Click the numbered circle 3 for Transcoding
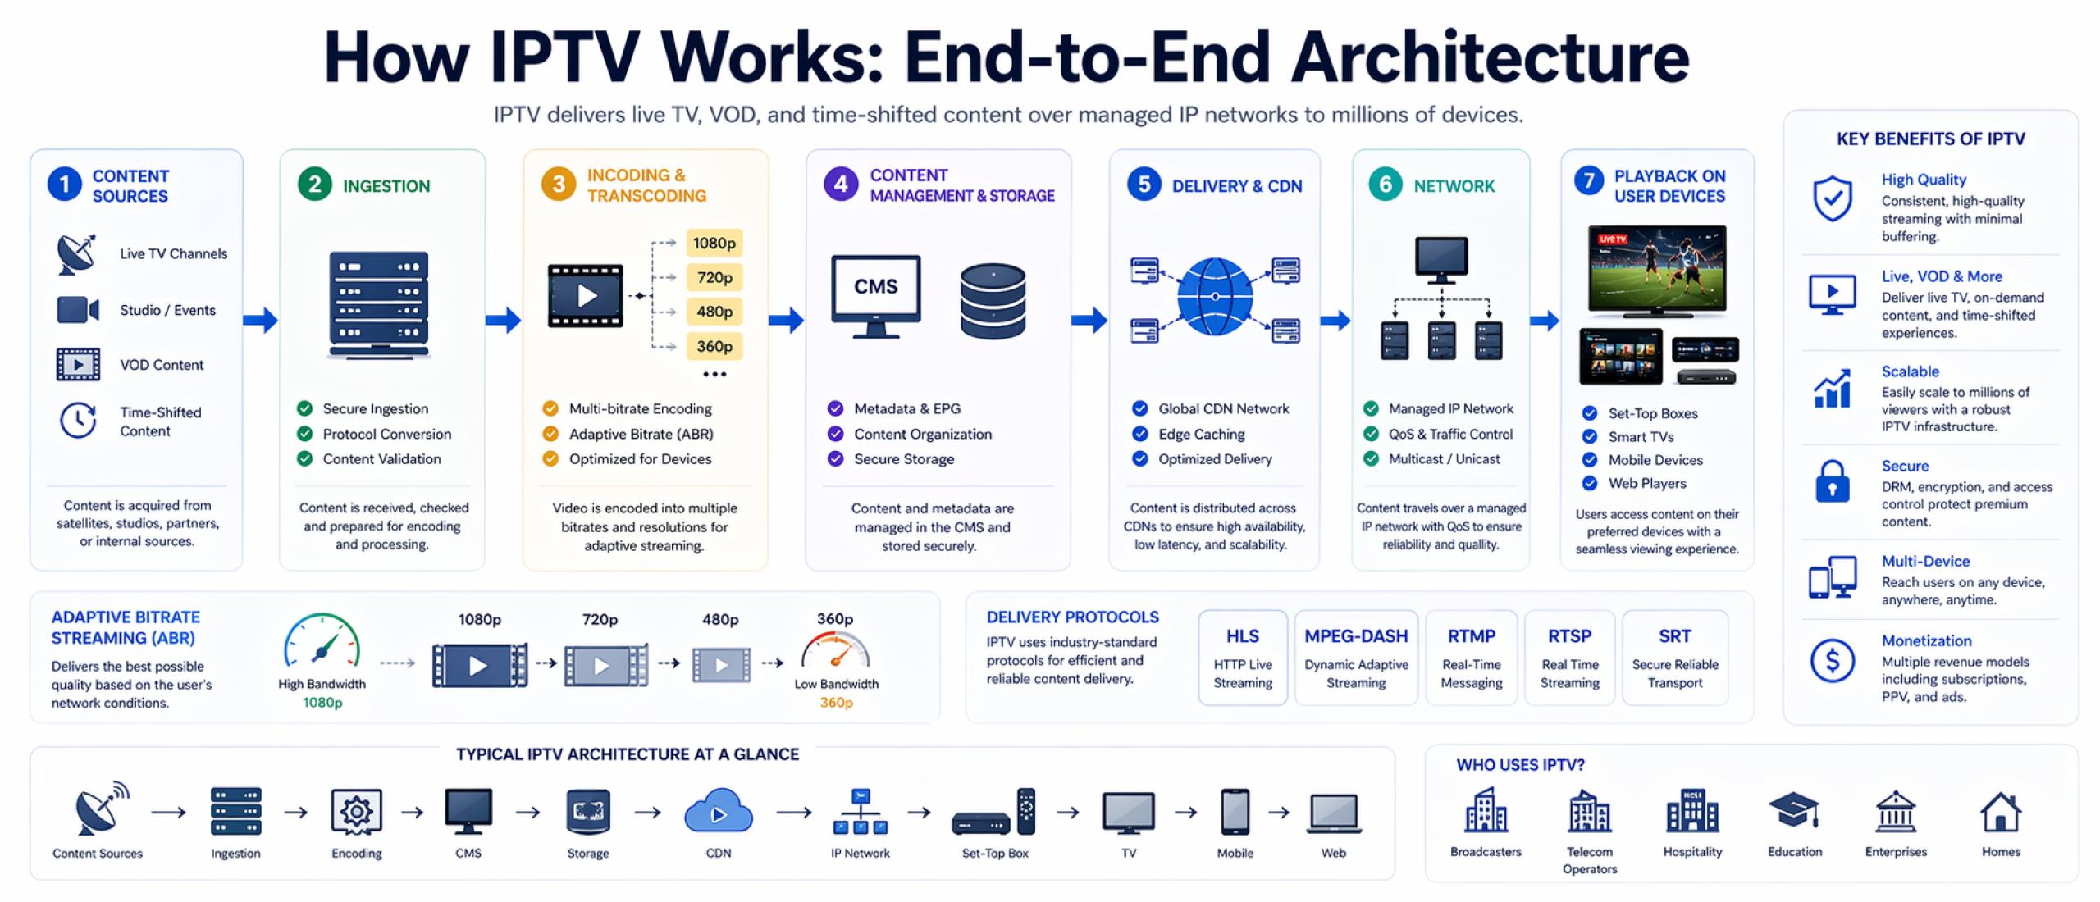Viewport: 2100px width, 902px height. click(x=559, y=184)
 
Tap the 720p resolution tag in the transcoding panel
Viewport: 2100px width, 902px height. click(x=714, y=277)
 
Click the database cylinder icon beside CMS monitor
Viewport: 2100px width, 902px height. click(x=993, y=301)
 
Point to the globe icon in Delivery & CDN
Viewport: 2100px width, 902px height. click(x=1214, y=297)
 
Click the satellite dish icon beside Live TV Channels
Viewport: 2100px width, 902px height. click(x=76, y=253)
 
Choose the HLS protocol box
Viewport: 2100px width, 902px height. click(x=1242, y=658)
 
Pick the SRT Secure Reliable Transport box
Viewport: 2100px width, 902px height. click(x=1674, y=658)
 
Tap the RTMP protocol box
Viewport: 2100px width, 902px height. click(x=1471, y=658)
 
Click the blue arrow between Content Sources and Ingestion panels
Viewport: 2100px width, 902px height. click(x=261, y=319)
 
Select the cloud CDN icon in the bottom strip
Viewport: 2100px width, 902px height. click(x=718, y=813)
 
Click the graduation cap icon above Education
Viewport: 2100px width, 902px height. click(x=1793, y=811)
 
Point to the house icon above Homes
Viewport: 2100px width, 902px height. click(x=2000, y=813)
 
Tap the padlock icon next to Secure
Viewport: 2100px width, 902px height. click(x=1832, y=481)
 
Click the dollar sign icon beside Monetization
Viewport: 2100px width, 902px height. click(x=1832, y=660)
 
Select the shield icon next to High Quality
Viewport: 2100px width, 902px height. click(x=1832, y=198)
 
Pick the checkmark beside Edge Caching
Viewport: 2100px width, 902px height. click(x=1139, y=434)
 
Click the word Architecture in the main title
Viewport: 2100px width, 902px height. click(x=1490, y=57)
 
